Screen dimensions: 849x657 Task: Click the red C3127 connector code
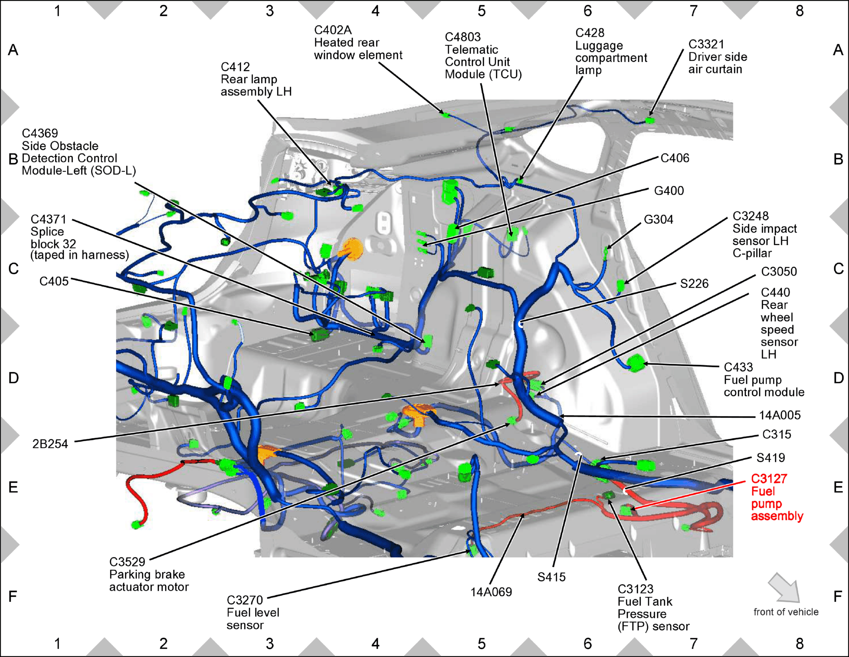coord(769,479)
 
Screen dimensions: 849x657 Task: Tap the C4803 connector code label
coord(463,37)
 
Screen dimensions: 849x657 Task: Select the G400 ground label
coord(669,191)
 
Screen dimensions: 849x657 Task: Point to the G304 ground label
coord(658,219)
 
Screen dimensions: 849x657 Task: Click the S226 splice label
coord(694,284)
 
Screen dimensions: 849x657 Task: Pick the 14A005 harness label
coord(780,415)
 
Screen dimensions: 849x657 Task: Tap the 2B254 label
coord(50,444)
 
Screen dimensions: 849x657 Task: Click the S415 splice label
coord(552,577)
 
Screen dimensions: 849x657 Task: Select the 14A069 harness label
coord(491,592)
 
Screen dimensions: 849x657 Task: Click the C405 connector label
coord(54,282)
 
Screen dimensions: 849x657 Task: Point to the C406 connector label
coord(675,158)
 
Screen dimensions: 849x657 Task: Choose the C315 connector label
coord(777,434)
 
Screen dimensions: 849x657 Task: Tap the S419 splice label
coord(771,458)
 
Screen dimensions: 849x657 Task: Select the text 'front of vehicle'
coord(786,612)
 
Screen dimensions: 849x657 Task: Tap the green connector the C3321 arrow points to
coord(650,120)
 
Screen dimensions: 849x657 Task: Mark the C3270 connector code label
coord(245,600)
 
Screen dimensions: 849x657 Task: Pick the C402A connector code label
coord(333,30)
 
